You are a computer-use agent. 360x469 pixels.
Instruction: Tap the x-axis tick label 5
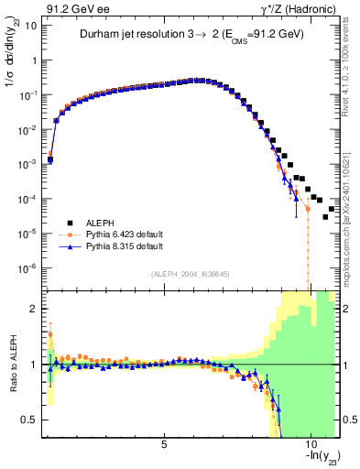point(164,444)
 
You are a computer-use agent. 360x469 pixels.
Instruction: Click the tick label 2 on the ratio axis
point(36,309)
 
